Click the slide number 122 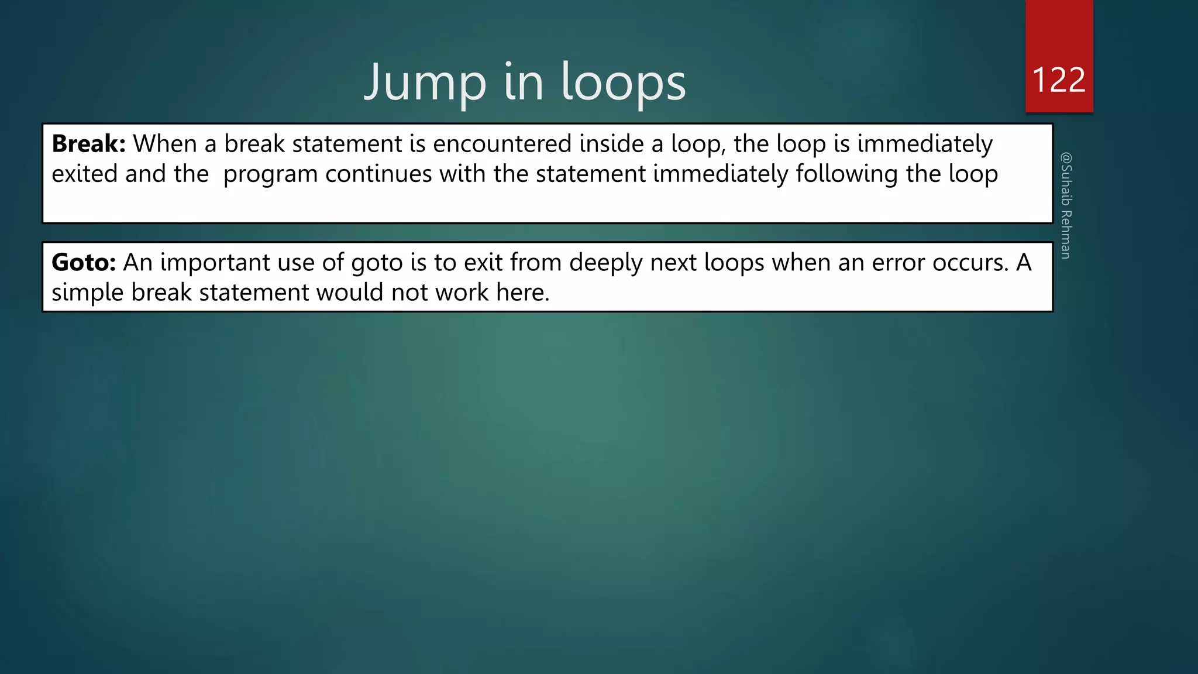pyautogui.click(x=1059, y=80)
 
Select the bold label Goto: pyautogui.click(x=84, y=263)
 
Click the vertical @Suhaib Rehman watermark pyautogui.click(x=1066, y=205)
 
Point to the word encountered pyautogui.click(x=502, y=144)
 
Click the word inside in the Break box pyautogui.click(x=611, y=144)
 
